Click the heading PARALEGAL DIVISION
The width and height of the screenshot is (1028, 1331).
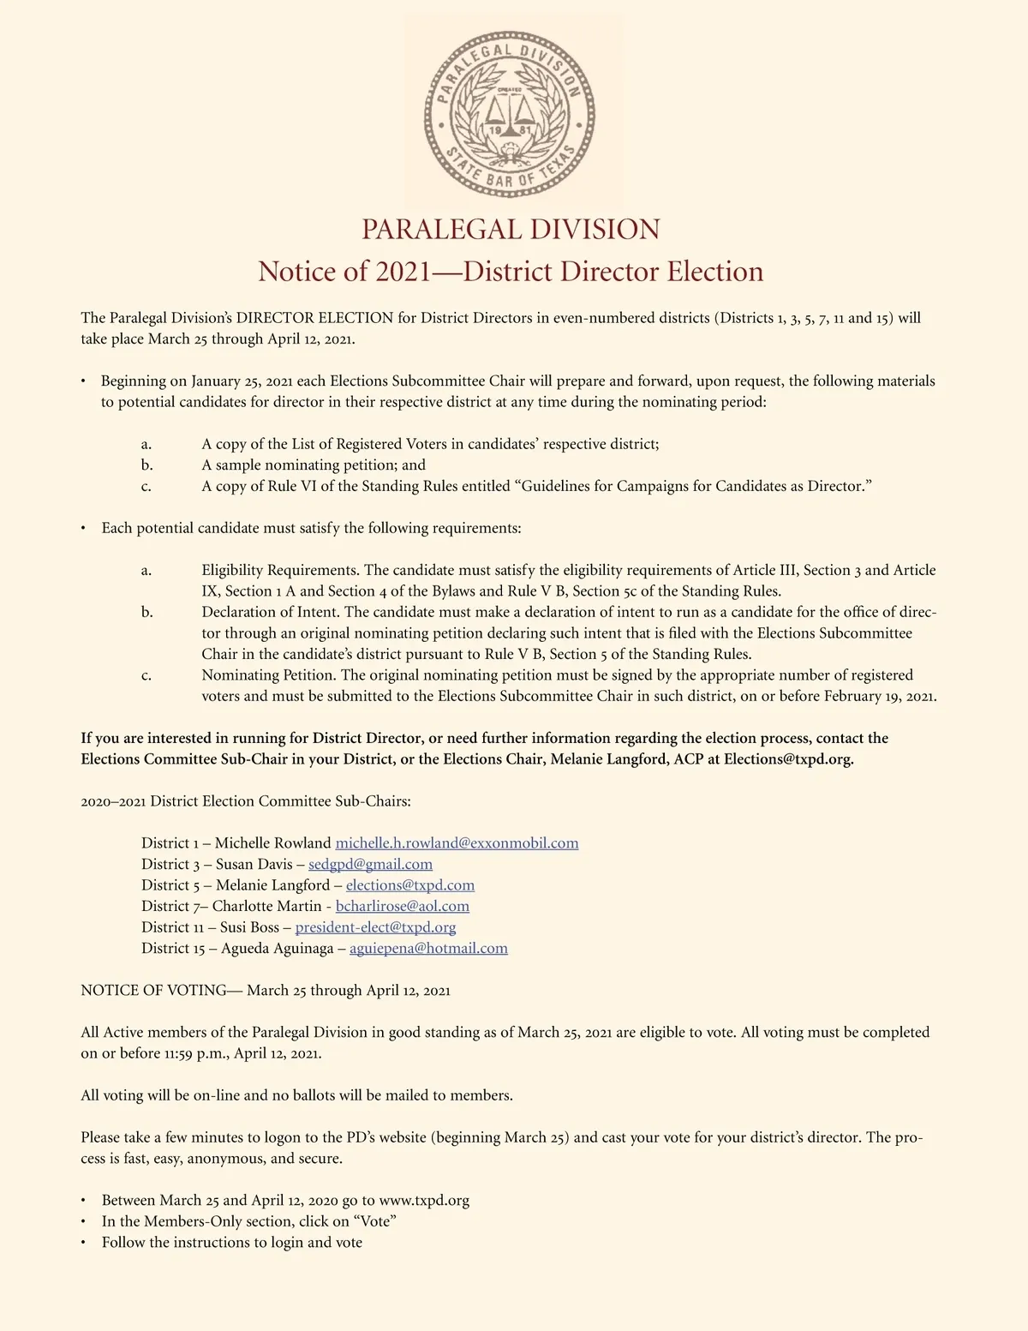click(511, 230)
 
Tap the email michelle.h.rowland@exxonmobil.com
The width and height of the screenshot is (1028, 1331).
click(457, 843)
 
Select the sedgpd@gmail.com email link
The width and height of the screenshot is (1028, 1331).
click(370, 864)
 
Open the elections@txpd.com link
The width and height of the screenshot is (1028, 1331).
click(409, 885)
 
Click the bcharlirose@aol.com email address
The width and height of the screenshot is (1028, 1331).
click(402, 906)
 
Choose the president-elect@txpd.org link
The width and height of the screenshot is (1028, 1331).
click(375, 927)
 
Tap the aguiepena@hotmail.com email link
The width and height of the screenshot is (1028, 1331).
click(428, 948)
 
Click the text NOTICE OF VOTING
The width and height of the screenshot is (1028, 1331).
click(153, 991)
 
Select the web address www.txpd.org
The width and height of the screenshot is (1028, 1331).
click(424, 1201)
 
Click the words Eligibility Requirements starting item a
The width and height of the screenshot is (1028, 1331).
click(281, 570)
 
